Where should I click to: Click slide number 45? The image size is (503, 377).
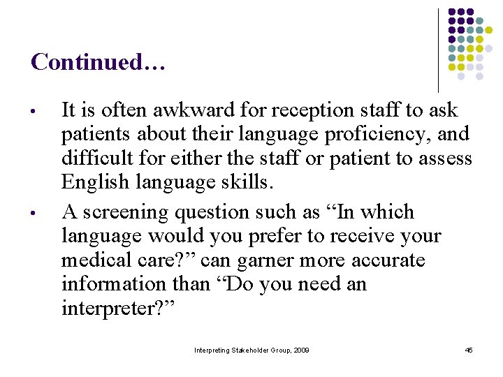pyautogui.click(x=469, y=350)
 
